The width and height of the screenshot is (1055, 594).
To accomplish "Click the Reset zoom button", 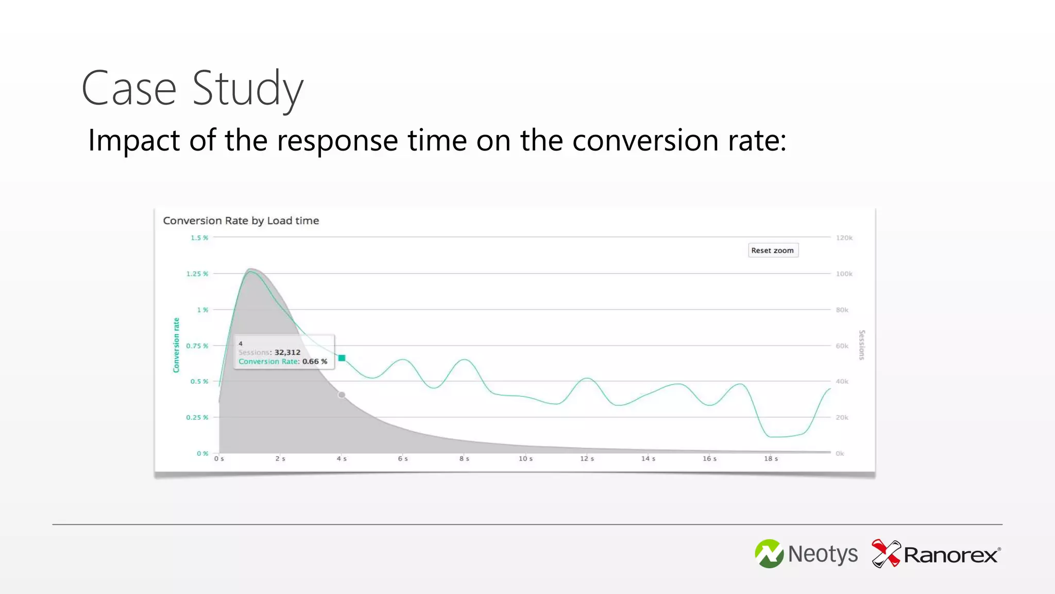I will [x=773, y=251].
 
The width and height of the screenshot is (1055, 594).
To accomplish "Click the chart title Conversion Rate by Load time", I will [x=241, y=221].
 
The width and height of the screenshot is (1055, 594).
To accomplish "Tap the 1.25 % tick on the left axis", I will [x=197, y=274].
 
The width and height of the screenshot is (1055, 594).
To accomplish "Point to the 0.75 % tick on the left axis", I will [x=197, y=346].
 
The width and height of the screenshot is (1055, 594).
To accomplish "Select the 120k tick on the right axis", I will [x=844, y=238].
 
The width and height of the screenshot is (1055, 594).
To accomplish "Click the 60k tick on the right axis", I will [x=842, y=346].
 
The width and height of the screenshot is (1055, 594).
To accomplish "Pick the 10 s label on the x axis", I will [x=525, y=458].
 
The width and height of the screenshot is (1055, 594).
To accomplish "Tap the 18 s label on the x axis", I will [x=771, y=458].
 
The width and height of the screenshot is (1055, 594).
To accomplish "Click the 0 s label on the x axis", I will [x=219, y=458].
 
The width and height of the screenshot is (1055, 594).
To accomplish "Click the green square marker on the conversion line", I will [x=342, y=358].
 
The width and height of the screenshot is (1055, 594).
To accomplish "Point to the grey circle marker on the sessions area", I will [x=342, y=395].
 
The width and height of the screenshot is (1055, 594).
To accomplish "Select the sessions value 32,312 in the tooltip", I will [x=287, y=352].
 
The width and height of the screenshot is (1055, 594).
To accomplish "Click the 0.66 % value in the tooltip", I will [x=314, y=361].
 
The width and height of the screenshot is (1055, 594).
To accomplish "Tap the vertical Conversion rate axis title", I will [x=176, y=345].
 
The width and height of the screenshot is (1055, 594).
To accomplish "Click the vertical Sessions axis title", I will [x=862, y=345].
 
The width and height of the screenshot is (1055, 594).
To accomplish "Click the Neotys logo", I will [x=806, y=554].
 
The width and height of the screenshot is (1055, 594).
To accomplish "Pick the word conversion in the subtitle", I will [x=645, y=140].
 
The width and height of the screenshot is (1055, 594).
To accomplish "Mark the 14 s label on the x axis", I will [x=648, y=458].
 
